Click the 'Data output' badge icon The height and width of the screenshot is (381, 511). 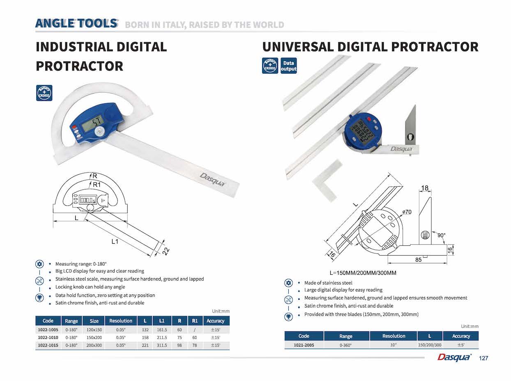click(x=288, y=66)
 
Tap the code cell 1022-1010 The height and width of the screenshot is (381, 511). click(x=48, y=338)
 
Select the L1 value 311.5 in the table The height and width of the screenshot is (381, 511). click(x=162, y=345)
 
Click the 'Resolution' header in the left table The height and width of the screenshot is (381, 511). click(x=121, y=321)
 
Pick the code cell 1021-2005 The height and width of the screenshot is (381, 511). click(x=304, y=345)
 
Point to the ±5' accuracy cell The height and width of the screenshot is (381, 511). click(x=461, y=345)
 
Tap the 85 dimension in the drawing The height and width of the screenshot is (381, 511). click(x=418, y=260)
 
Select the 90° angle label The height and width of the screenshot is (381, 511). click(x=441, y=235)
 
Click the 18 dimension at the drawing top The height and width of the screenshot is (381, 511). click(x=424, y=189)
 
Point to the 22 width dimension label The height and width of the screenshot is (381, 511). click(x=165, y=251)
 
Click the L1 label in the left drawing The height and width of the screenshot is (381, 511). click(x=115, y=242)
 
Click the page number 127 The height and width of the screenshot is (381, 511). click(x=483, y=358)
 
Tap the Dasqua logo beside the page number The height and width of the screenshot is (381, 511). click(x=454, y=358)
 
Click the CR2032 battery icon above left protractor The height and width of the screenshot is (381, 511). click(x=44, y=93)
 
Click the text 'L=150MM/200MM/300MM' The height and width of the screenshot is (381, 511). click(x=363, y=273)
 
